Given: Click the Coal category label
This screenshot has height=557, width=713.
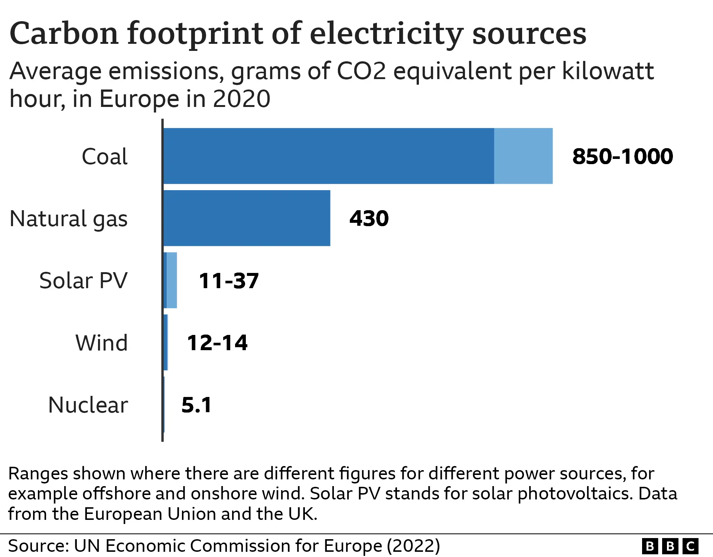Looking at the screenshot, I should click(x=104, y=156).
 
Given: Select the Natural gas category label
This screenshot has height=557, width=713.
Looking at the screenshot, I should click(x=68, y=219).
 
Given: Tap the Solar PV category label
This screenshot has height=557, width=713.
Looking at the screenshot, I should click(x=83, y=281).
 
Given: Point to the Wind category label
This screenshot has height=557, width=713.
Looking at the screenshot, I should click(x=101, y=343).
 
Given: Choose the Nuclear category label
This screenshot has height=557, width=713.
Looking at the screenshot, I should click(x=88, y=405).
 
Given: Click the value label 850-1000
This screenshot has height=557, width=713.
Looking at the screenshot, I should click(x=622, y=156).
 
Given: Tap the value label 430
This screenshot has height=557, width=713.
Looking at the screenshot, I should click(x=369, y=218).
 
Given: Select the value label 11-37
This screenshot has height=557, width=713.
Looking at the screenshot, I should click(x=228, y=281).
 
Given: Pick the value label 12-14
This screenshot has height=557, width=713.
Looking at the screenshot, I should click(x=217, y=343).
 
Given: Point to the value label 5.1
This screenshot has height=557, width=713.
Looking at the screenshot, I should click(x=196, y=405).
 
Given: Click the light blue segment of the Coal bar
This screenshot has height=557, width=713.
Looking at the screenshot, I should click(x=523, y=156).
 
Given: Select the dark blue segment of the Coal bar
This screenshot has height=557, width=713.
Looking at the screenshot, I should click(x=329, y=156).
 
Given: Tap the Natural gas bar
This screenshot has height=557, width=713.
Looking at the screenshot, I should click(x=247, y=218).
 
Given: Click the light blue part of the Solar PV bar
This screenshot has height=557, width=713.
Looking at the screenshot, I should click(x=172, y=280).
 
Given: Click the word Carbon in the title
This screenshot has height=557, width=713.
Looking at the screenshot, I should click(x=64, y=33).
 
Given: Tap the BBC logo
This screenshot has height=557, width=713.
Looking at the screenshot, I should click(x=670, y=546).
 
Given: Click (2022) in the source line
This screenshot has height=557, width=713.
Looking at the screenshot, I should click(x=413, y=546).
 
